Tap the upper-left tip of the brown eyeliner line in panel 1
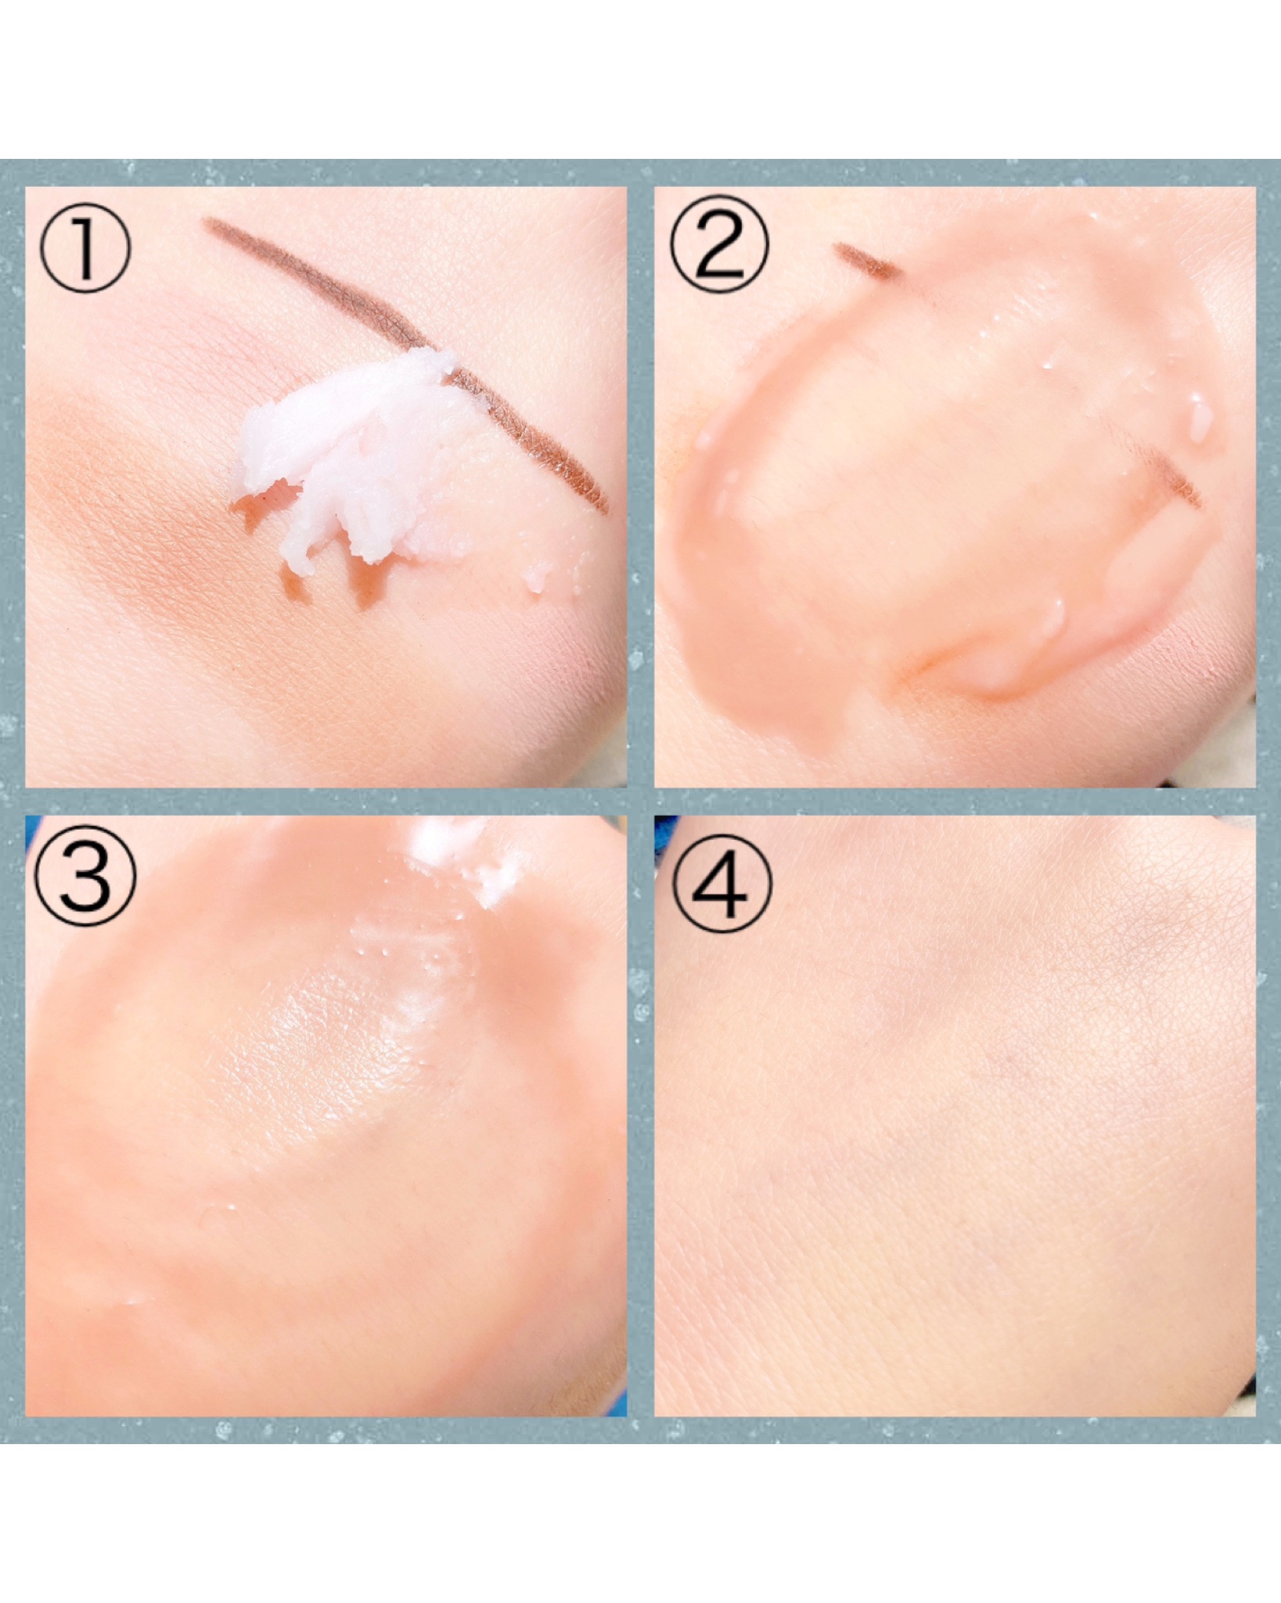click(205, 222)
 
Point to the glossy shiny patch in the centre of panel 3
click(329, 1041)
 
